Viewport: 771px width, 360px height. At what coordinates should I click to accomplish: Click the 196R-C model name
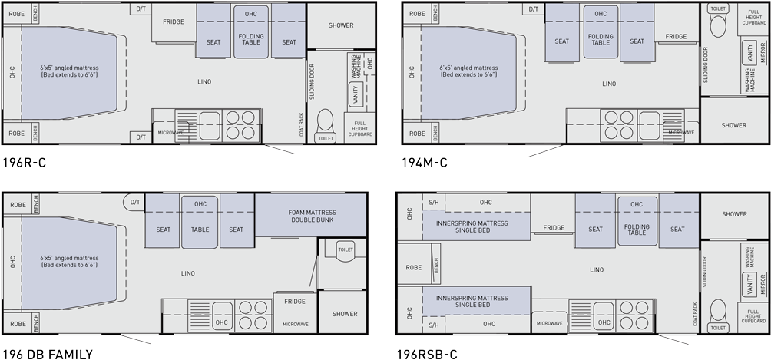click(25, 163)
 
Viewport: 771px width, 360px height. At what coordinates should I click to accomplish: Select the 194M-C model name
click(424, 163)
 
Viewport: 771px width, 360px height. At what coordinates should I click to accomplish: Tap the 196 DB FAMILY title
click(47, 354)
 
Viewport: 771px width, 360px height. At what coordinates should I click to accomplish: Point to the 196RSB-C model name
click(427, 354)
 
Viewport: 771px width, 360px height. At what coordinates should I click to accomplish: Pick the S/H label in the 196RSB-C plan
click(433, 203)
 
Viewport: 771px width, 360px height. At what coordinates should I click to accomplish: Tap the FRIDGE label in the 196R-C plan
click(173, 21)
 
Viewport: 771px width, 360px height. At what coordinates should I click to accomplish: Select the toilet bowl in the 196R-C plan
click(326, 122)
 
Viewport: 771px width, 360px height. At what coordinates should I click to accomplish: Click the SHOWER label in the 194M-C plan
click(733, 125)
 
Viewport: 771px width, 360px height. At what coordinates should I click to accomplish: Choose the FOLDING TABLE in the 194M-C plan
click(601, 39)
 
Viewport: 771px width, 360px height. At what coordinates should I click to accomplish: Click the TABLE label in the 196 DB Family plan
click(200, 229)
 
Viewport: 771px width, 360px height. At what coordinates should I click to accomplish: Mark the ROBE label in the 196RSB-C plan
click(414, 268)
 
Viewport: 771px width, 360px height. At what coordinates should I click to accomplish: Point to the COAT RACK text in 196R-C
click(302, 125)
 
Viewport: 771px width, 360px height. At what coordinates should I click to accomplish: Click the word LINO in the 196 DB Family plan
click(188, 272)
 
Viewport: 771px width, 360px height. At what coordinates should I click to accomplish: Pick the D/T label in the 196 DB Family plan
click(134, 203)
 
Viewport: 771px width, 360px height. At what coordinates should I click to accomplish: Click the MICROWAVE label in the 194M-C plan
click(680, 132)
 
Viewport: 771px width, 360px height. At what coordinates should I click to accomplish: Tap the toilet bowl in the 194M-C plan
click(718, 27)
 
